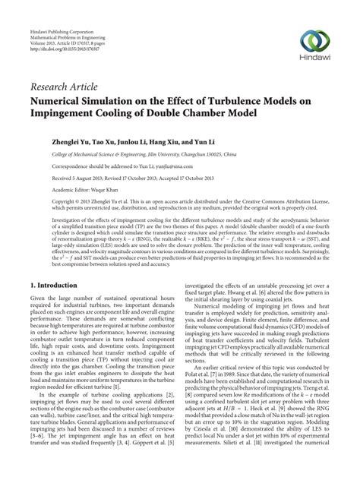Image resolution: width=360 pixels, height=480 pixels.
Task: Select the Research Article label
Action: pos(74,85)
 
